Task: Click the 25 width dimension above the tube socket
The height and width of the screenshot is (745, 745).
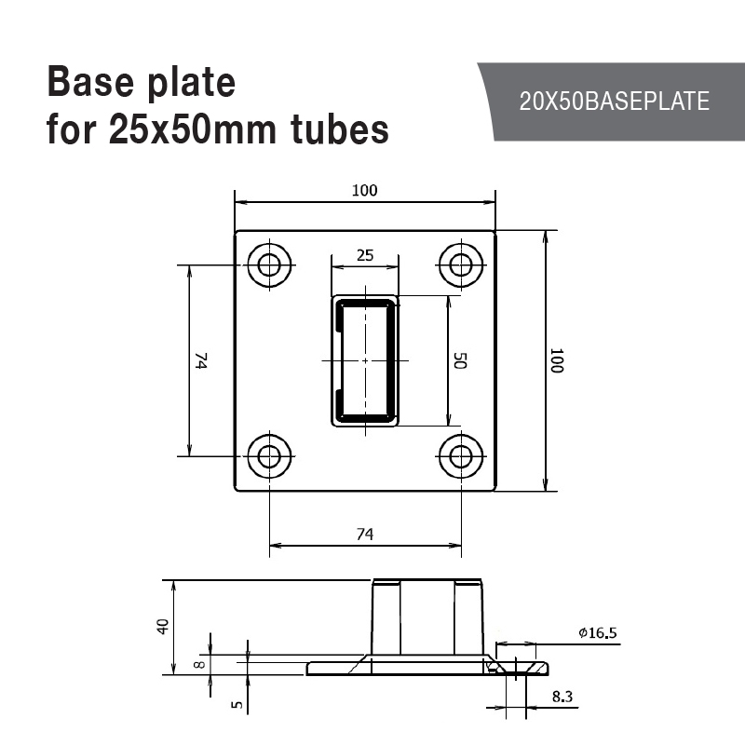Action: pyautogui.click(x=365, y=255)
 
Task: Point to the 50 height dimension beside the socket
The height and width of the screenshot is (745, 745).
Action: pyautogui.click(x=460, y=360)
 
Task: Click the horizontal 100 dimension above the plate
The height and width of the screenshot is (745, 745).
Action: pyautogui.click(x=364, y=191)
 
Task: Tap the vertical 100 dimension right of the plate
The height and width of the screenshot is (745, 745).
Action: pyautogui.click(x=556, y=360)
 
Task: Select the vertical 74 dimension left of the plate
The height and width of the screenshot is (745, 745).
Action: pyautogui.click(x=201, y=360)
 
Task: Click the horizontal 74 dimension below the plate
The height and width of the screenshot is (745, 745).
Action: pyautogui.click(x=365, y=535)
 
